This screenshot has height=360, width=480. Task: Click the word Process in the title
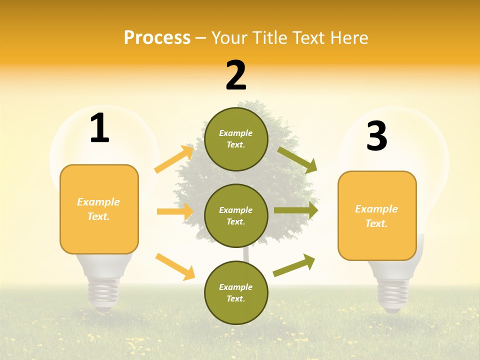coord(157,37)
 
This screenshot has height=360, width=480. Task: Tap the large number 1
coord(99,129)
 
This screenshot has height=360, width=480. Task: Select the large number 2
coord(236,75)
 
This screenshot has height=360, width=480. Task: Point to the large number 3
coord(376,136)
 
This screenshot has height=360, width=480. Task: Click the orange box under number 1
coord(99,209)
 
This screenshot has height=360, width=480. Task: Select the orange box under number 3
coord(377,215)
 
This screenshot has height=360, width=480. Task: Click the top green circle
coord(236,139)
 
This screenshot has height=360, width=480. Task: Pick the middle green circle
coord(236,215)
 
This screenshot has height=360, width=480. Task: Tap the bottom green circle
coord(236,292)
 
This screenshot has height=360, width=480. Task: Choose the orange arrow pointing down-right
coord(175,266)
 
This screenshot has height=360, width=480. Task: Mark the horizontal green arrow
coord(296,210)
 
